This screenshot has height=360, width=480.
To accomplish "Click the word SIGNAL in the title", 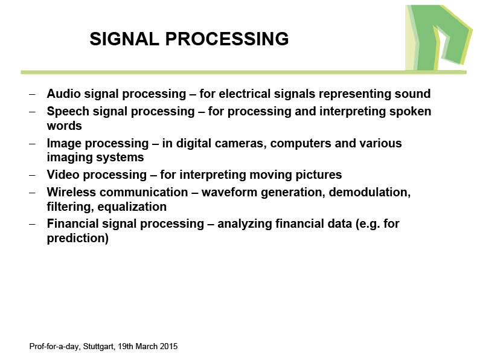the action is click(x=124, y=39).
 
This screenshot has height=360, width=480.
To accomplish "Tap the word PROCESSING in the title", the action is click(x=227, y=39).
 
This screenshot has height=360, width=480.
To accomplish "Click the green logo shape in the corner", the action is click(x=439, y=38).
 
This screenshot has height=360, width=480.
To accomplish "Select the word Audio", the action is click(x=63, y=94).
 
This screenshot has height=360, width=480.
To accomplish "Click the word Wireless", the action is click(x=71, y=192).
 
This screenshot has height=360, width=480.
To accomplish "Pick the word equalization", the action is click(x=132, y=207).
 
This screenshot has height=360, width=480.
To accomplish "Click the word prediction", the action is click(x=78, y=239).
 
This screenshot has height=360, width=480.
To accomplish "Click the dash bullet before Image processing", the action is click(x=32, y=144).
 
